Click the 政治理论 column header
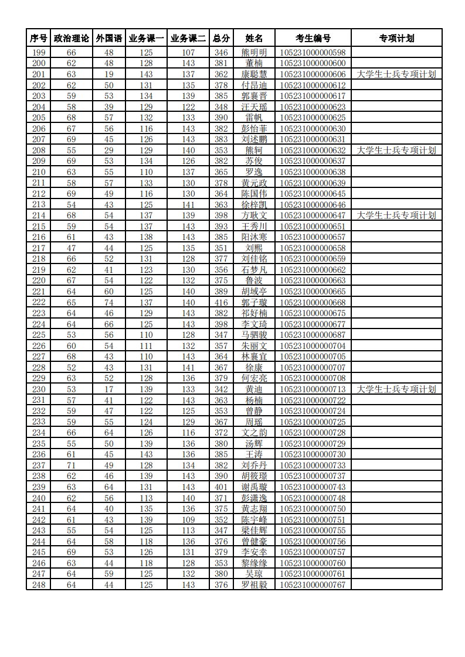click(x=72, y=39)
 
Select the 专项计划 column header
click(x=396, y=39)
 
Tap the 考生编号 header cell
click(x=313, y=39)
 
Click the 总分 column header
click(x=221, y=39)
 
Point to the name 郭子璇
click(x=254, y=303)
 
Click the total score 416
click(x=221, y=303)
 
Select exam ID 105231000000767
click(x=313, y=585)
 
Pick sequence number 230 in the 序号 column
click(x=39, y=389)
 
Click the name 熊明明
click(x=254, y=53)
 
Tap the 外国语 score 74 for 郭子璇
click(x=109, y=303)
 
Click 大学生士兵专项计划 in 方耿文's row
click(x=396, y=215)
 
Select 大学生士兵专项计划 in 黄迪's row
click(x=396, y=389)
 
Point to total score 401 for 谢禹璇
click(x=221, y=487)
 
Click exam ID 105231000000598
click(x=313, y=53)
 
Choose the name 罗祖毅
click(x=254, y=585)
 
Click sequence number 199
click(x=39, y=53)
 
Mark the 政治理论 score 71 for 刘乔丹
click(x=72, y=466)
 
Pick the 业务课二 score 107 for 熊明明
click(x=188, y=53)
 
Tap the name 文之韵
click(x=254, y=433)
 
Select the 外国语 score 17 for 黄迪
click(x=109, y=389)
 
